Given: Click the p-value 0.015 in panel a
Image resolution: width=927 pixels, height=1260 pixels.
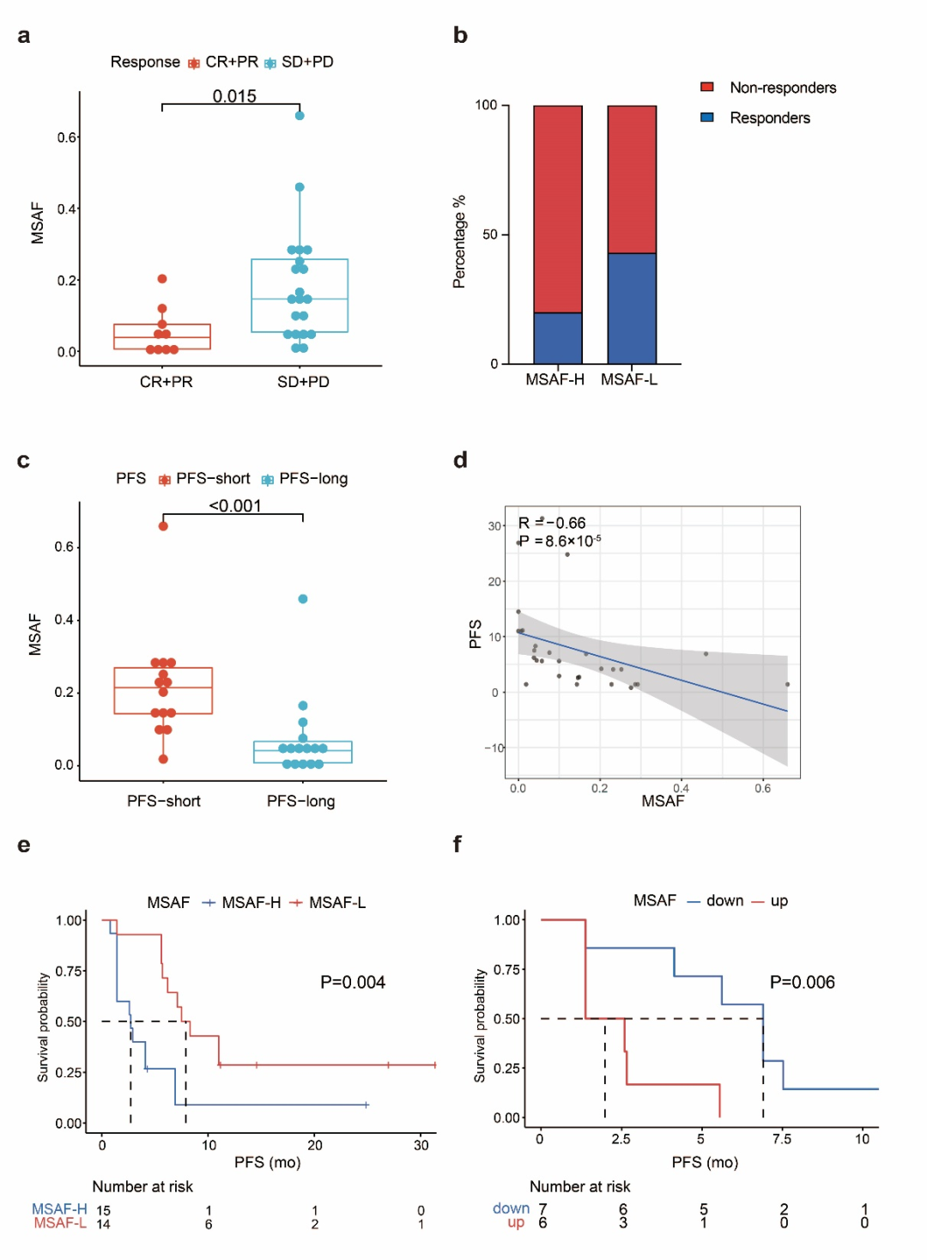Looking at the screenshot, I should pyautogui.click(x=234, y=96).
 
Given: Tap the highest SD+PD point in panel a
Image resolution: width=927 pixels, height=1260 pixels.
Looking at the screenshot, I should pyautogui.click(x=300, y=115).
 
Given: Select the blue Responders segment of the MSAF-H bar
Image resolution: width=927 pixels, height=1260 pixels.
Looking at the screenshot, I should pyautogui.click(x=558, y=337).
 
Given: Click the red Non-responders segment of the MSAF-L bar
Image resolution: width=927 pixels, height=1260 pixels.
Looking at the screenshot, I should pyautogui.click(x=632, y=179).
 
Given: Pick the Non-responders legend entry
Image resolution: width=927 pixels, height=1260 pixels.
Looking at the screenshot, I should pyautogui.click(x=782, y=88).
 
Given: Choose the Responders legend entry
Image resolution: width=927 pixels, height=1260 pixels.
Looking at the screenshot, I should pyautogui.click(x=769, y=118).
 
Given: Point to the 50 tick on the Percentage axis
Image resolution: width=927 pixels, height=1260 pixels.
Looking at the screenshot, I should pyautogui.click(x=490, y=234).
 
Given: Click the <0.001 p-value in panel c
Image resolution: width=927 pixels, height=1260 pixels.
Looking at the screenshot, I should pyautogui.click(x=234, y=506).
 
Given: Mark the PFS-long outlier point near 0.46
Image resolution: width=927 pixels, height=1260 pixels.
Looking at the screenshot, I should pyautogui.click(x=303, y=599).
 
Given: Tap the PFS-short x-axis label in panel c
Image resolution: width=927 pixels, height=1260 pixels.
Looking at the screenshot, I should pyautogui.click(x=164, y=801).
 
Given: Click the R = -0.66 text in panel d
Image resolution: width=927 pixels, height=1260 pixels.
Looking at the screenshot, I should pyautogui.click(x=552, y=523).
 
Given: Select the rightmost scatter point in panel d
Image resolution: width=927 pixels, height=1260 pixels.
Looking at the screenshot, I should pyautogui.click(x=787, y=684).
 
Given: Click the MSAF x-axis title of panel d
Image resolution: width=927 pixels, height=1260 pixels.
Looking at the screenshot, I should pyautogui.click(x=663, y=801).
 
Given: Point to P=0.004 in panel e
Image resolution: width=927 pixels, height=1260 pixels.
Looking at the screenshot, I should pyautogui.click(x=353, y=982).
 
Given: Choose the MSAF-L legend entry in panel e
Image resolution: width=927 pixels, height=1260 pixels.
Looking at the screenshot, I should pyautogui.click(x=336, y=902).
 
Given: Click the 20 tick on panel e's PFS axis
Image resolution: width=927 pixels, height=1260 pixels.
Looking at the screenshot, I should pyautogui.click(x=315, y=1145).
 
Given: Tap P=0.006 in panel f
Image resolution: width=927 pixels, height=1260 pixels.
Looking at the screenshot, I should pyautogui.click(x=802, y=982).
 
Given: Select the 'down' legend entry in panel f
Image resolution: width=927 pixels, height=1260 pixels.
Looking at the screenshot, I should pyautogui.click(x=724, y=900).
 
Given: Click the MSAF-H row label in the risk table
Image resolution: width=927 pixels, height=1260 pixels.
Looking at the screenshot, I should pyautogui.click(x=59, y=1209).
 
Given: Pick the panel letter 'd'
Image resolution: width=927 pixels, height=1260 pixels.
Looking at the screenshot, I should pyautogui.click(x=460, y=460).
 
